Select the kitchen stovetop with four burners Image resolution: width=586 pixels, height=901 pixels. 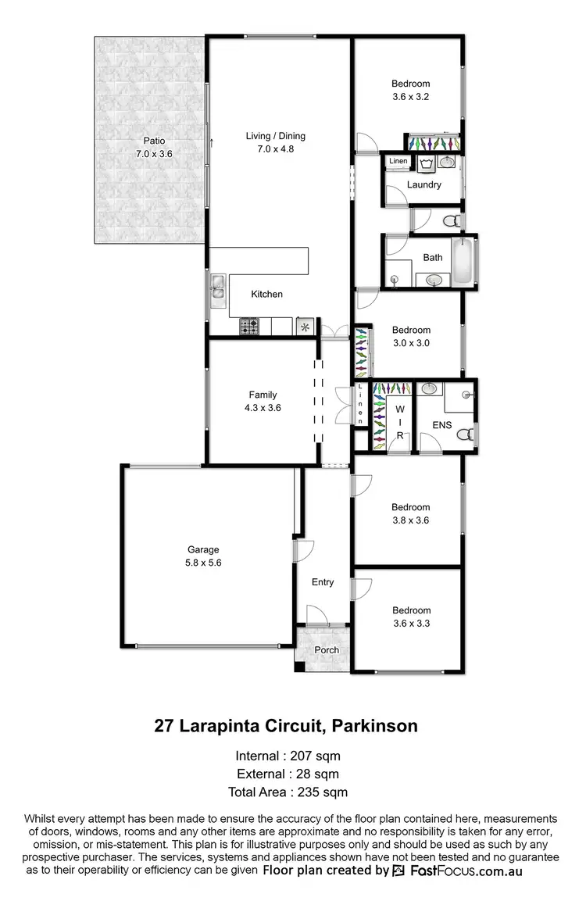click(x=249, y=327)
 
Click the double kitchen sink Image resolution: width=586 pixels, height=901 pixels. click(x=216, y=288)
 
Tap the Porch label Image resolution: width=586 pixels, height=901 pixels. click(x=327, y=650)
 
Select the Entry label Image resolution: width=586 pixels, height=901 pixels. click(x=323, y=582)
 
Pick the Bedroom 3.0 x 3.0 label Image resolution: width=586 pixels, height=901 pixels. click(x=411, y=336)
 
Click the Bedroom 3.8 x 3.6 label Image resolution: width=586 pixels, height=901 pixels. click(x=411, y=513)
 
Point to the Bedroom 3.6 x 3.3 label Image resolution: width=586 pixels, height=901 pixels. click(x=411, y=617)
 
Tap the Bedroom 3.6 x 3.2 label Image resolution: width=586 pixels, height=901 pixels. click(x=411, y=90)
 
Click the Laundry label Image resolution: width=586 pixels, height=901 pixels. click(x=424, y=185)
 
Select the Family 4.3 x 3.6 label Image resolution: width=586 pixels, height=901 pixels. click(x=263, y=401)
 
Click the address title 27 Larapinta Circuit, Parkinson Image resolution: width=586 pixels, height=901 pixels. click(x=286, y=726)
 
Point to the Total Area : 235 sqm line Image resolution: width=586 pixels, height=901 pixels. click(x=288, y=792)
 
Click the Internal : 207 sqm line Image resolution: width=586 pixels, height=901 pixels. click(x=288, y=756)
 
